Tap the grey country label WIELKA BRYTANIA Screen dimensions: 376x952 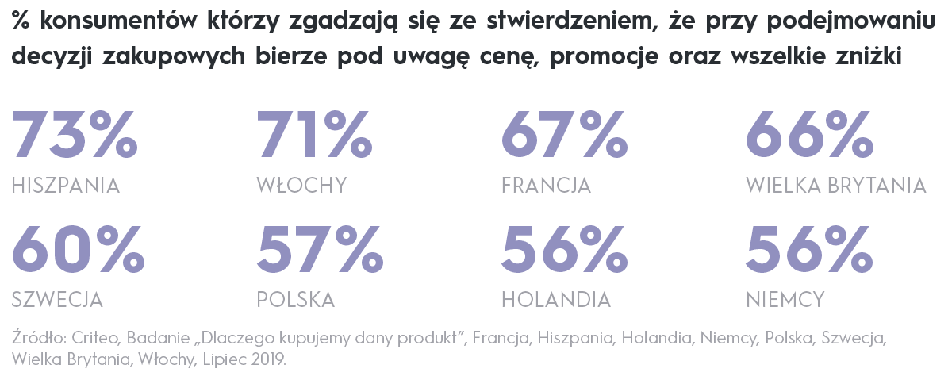836,186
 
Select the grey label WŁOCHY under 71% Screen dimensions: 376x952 301,186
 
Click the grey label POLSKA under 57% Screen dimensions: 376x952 295,300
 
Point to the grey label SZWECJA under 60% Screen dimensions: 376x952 57,300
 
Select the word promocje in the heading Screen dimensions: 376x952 595,58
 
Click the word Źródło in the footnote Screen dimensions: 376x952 33,339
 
